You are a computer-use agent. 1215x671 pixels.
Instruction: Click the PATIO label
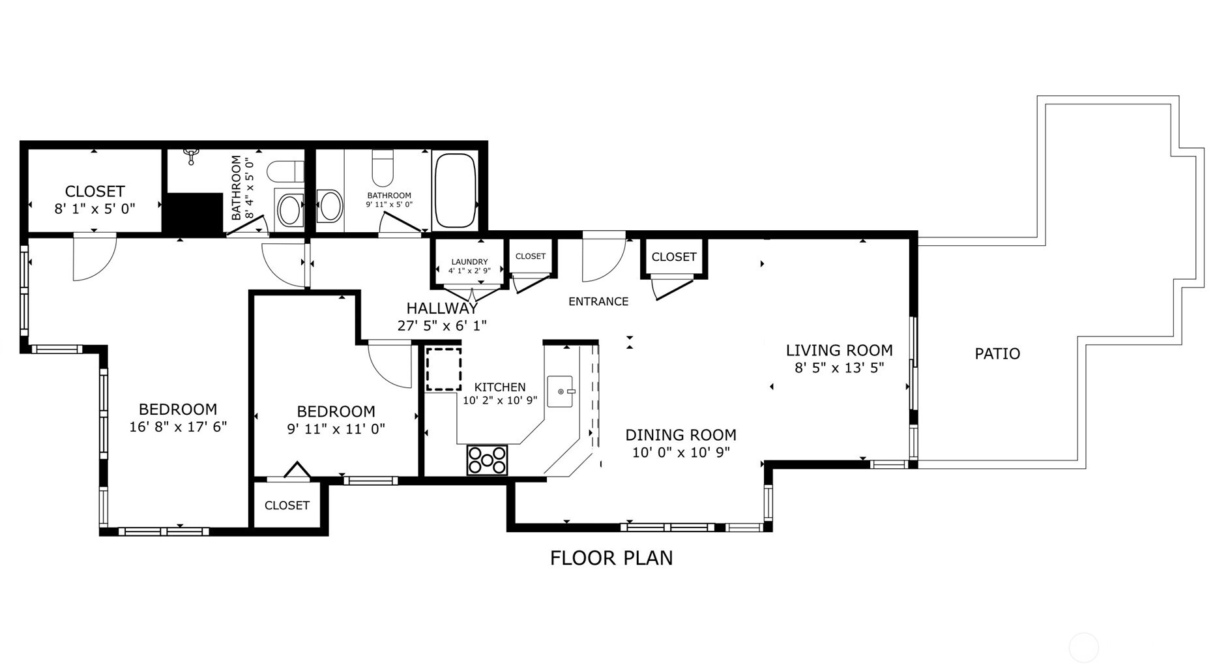997,353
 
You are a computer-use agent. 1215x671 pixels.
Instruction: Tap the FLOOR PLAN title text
611,558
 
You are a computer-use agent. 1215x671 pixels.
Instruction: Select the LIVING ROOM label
839,350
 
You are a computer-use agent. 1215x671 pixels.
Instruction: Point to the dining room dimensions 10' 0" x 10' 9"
681,453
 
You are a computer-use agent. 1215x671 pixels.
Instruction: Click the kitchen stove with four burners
487,460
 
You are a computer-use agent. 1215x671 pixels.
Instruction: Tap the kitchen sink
560,391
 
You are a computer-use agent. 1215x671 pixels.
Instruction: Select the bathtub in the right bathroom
455,190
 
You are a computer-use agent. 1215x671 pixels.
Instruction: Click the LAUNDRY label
469,262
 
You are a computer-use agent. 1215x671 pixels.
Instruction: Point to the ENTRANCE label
598,301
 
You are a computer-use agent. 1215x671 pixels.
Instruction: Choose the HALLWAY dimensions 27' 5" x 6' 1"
442,325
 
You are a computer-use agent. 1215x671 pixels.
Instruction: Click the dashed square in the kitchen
443,369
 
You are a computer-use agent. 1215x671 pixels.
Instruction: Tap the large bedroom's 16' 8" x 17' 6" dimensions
178,427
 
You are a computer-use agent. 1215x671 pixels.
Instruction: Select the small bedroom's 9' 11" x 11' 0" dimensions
336,429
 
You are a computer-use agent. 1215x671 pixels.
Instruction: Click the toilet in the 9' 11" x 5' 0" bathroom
383,168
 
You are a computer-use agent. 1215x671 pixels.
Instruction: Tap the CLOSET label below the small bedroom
287,505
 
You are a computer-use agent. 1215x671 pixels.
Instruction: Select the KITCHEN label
500,387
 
